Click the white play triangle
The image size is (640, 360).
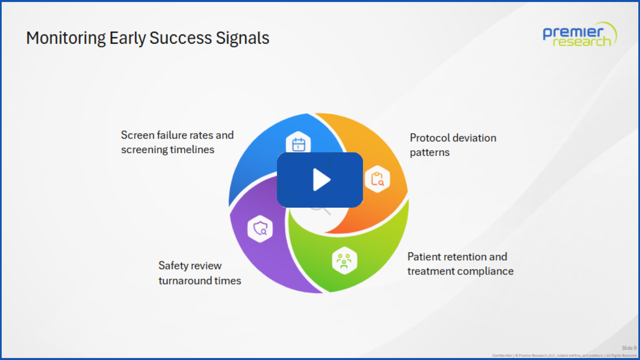pos(321,180)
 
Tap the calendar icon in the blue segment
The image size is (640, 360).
pos(298,144)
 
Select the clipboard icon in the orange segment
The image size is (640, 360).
pos(377,179)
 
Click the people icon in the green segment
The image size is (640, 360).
pos(344,261)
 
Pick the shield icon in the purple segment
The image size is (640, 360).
pos(260,229)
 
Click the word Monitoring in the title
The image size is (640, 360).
pos(66,38)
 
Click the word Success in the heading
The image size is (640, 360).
pos(180,38)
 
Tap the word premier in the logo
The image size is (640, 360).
pos(573,33)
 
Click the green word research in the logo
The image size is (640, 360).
pos(582,42)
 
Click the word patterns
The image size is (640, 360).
pos(430,152)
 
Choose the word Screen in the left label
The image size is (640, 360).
pos(137,135)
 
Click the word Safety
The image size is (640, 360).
pos(174,266)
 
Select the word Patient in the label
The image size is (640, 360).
pos(424,257)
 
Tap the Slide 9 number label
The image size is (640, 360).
pos(629,348)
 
